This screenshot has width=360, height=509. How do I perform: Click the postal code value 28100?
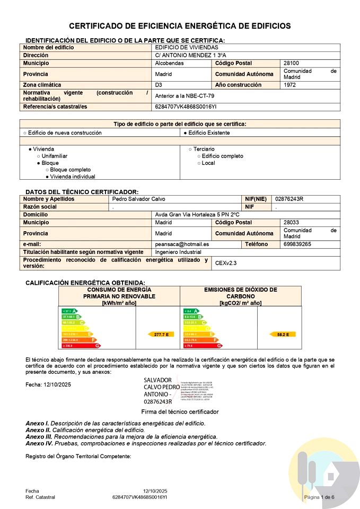(292, 63)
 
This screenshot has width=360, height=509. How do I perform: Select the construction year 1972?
(290, 85)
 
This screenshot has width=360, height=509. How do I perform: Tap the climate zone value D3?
(159, 85)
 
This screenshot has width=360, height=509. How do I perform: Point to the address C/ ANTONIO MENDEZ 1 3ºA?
(190, 55)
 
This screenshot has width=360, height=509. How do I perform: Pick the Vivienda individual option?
(71, 177)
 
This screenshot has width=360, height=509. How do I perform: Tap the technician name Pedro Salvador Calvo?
(139, 199)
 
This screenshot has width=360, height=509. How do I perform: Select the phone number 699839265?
(297, 244)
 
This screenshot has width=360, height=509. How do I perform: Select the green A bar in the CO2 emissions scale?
(190, 311)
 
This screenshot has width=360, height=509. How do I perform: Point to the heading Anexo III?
(37, 436)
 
